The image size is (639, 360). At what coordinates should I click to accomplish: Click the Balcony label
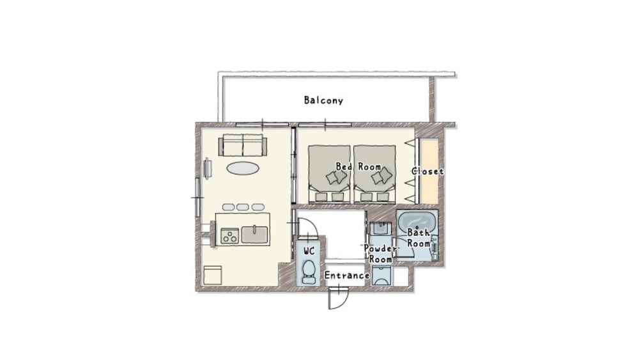coord(323,100)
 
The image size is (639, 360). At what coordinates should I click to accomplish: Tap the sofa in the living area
coord(242,146)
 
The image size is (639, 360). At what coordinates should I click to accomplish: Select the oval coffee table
coord(243,168)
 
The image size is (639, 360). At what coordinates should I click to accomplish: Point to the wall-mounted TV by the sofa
coord(208,169)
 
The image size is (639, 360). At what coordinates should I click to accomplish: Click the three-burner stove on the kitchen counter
coord(229,236)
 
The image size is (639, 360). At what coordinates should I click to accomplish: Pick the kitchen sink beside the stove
coord(254,235)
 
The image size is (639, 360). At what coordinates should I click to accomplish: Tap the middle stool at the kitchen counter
coord(243,207)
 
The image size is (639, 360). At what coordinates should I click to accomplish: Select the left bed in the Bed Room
coord(328,173)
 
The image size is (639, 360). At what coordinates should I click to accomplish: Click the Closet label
coord(427,171)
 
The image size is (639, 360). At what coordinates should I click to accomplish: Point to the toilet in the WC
coord(309,271)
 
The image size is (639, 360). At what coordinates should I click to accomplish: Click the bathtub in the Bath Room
coord(417,224)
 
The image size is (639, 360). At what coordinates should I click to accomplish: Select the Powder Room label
coord(380,253)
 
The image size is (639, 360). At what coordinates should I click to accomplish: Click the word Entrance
coord(346,276)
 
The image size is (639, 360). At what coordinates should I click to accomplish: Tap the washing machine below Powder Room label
coord(382,276)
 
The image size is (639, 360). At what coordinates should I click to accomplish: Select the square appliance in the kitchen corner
coord(212,276)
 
